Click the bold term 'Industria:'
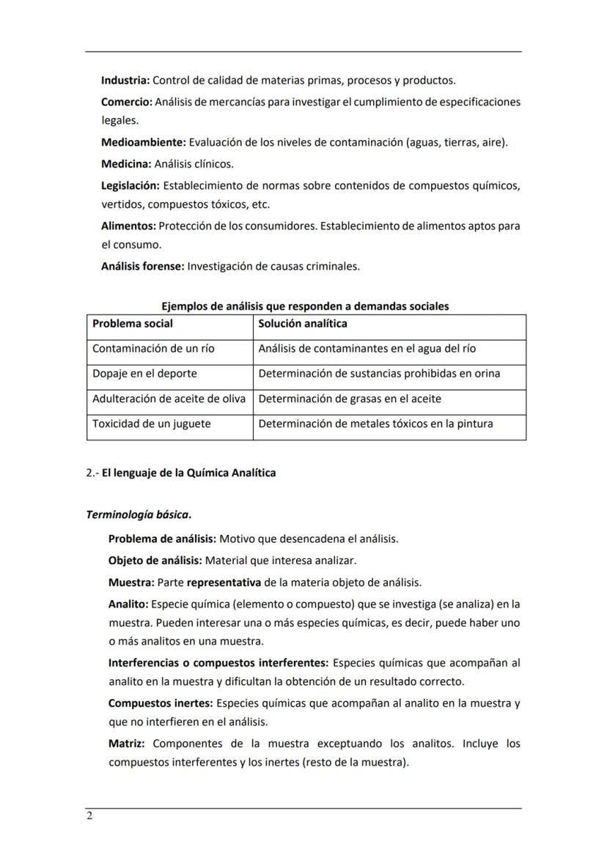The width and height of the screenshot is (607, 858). point(125,80)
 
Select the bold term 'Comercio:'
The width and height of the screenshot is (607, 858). point(126,102)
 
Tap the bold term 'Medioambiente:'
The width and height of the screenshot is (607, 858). point(144,142)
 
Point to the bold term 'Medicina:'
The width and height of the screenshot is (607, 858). point(126,163)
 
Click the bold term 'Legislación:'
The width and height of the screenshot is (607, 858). point(130,186)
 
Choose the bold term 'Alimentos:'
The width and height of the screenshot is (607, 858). point(128,226)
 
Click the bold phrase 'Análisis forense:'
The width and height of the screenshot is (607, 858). point(142,267)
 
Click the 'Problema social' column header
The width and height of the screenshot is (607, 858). point(133,323)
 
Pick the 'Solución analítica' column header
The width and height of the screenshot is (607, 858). point(303,323)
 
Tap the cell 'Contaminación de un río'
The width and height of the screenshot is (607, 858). point(153,349)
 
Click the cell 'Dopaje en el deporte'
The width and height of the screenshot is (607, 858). point(144,374)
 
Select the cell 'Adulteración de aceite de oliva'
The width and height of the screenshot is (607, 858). point(169,399)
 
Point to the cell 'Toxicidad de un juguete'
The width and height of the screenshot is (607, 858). point(151,424)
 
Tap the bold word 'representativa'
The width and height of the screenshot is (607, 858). point(224,583)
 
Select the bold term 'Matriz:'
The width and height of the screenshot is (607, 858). point(127,744)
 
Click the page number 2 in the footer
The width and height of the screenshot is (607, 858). point(89,817)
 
